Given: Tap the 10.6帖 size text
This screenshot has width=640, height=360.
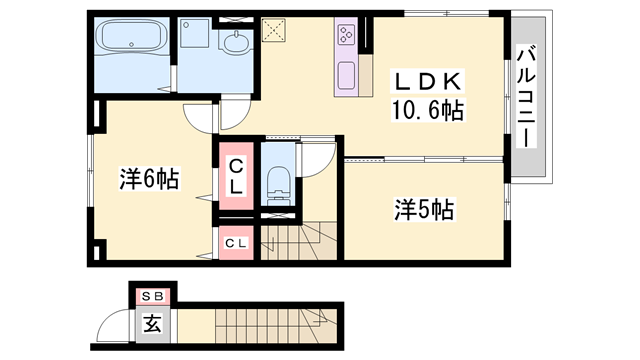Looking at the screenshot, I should tap(427, 109).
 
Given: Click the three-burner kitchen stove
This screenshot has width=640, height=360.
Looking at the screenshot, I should tap(346, 35).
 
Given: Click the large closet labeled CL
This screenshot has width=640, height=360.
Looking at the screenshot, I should tap(236, 177).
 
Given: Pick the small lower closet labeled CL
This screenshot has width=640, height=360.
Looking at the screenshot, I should tap(236, 243).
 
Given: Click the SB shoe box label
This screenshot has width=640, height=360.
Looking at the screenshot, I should tap(153, 296).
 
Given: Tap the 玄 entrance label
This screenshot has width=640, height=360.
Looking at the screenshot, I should tap(152, 324).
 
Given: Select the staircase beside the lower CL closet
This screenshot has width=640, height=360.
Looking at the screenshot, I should tap(300, 240).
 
